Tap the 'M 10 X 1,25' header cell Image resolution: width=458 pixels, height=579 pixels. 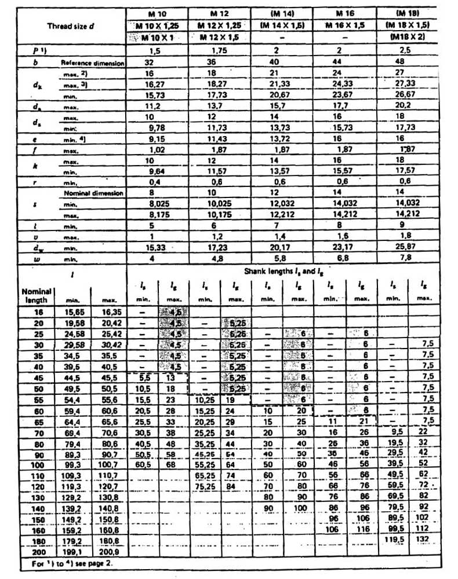coord(155,25)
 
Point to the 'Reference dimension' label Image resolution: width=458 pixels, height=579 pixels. coord(92,63)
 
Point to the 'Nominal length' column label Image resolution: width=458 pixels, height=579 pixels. coord(37,295)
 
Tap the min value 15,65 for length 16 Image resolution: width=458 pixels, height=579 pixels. coord(71,312)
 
